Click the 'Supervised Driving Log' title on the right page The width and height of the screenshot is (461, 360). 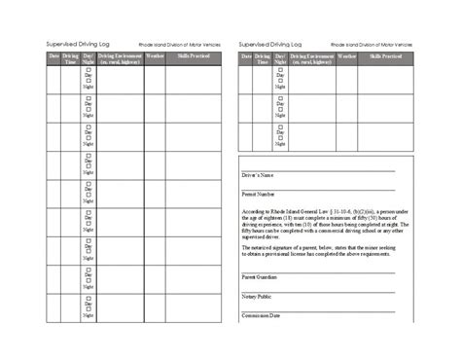269,44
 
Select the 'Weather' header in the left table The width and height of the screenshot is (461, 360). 156,56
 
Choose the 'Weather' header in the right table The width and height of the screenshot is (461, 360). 347,56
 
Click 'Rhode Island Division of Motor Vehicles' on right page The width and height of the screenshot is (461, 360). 372,45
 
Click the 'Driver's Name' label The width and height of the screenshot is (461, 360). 258,175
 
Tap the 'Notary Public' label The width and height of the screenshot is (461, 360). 257,296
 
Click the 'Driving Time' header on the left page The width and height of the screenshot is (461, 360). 70,59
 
